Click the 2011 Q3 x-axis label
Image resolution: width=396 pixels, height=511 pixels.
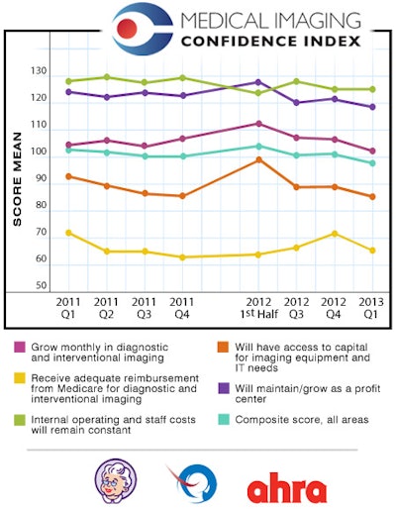pos(145,307)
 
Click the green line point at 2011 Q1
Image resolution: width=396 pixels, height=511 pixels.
pos(68,81)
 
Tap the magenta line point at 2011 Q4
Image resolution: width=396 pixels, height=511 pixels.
pos(182,139)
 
